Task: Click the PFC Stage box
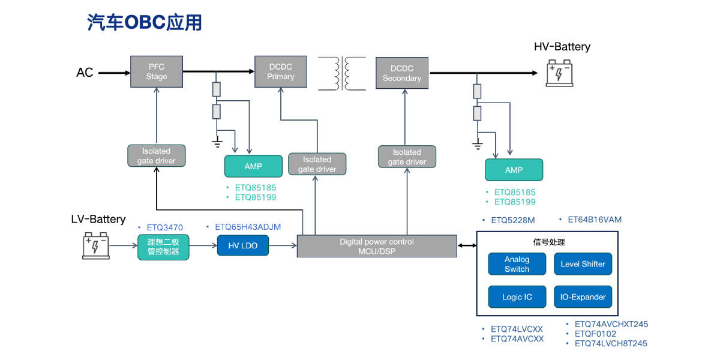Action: tap(157, 72)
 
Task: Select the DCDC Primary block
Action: tap(281, 72)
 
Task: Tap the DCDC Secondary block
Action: tap(401, 73)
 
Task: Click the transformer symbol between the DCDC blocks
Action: tap(342, 73)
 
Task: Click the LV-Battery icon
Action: tap(96, 246)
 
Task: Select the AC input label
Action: tap(85, 73)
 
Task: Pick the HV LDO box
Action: tap(242, 245)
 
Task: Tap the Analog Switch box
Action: tap(517, 264)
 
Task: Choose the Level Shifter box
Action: tap(583, 264)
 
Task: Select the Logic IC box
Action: tap(517, 297)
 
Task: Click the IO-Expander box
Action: tap(583, 297)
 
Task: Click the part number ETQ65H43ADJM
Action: tap(248, 227)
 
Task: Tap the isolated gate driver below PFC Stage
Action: tap(156, 156)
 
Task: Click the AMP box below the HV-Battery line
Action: tap(514, 170)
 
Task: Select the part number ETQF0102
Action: tap(595, 334)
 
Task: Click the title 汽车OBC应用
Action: tap(145, 22)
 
